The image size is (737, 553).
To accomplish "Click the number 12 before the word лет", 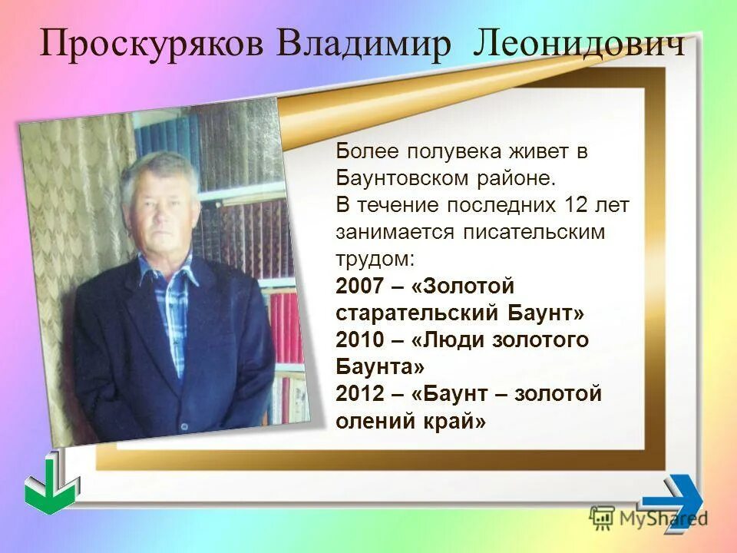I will (x=574, y=205).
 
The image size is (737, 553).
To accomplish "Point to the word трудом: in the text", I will (x=375, y=259).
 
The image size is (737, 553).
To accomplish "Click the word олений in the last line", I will (x=372, y=421).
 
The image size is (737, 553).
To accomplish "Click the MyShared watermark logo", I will (x=649, y=518).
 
